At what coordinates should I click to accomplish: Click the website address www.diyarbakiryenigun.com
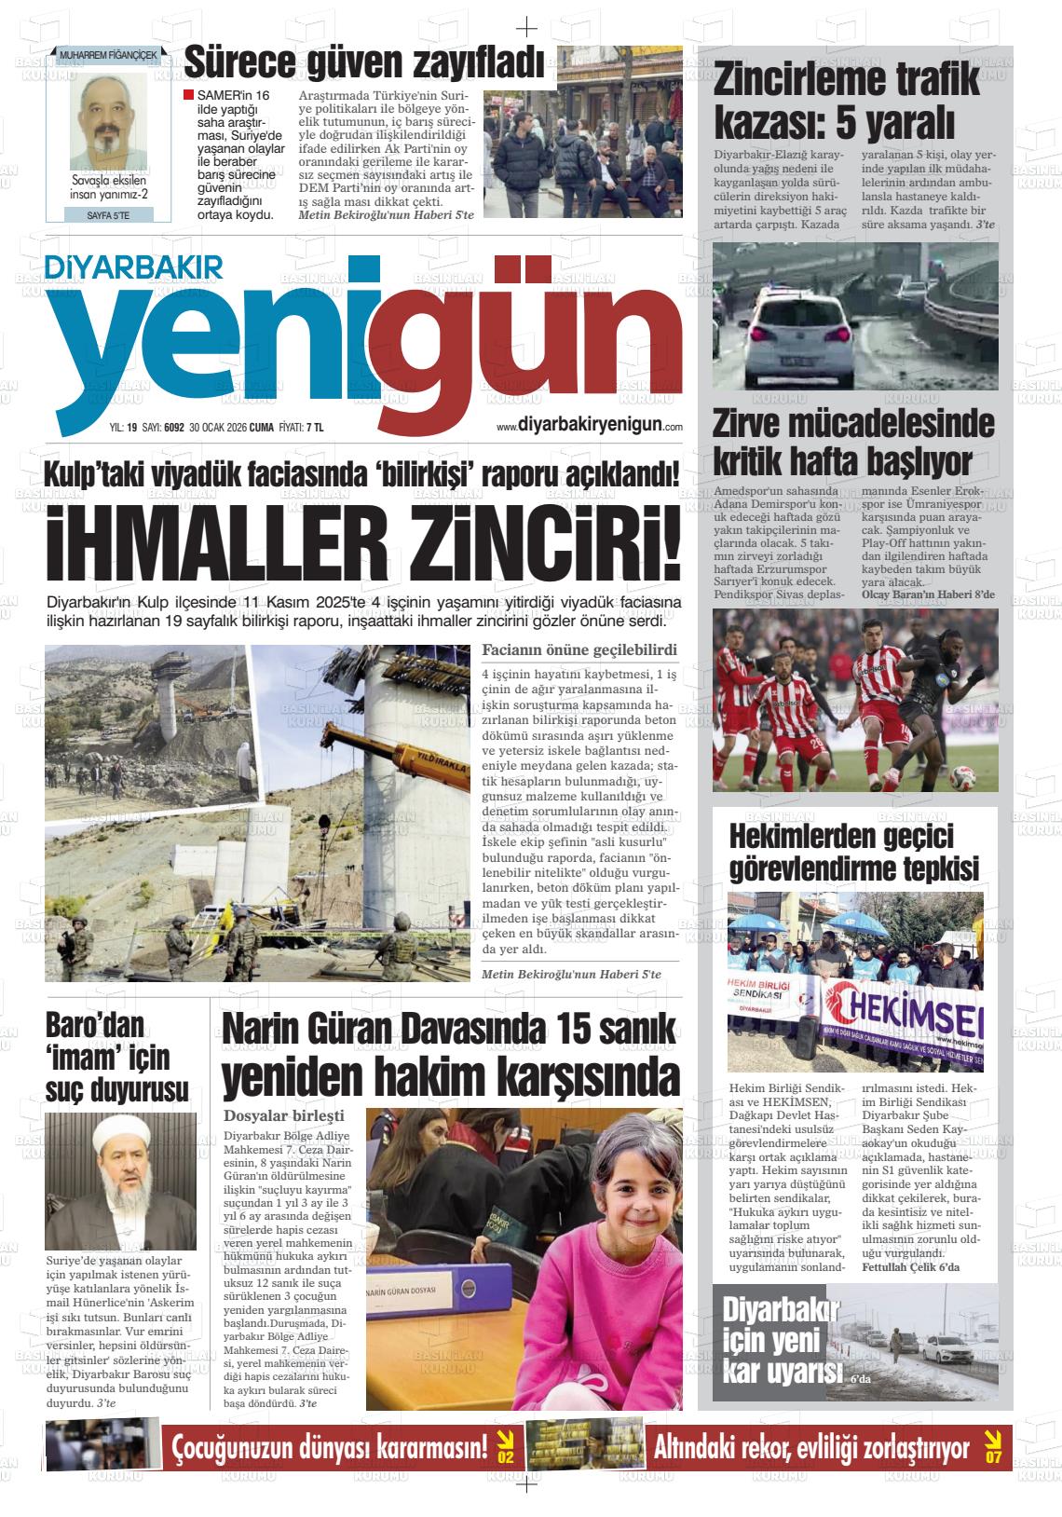(x=590, y=425)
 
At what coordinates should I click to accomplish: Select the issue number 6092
(x=173, y=428)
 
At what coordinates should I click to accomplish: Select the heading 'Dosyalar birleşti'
(x=284, y=1115)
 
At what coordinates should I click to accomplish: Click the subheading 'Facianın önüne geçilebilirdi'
(x=579, y=649)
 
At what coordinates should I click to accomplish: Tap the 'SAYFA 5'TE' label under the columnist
(x=108, y=215)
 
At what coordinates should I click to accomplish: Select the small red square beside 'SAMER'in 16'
(x=189, y=95)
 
